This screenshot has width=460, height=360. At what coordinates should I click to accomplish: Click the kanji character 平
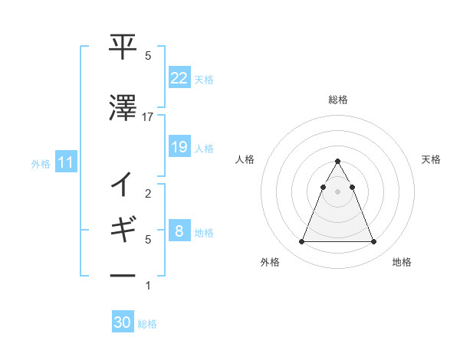point(123,47)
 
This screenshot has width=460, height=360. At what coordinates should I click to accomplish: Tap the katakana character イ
point(123,185)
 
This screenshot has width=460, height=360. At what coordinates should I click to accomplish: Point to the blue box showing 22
point(179,78)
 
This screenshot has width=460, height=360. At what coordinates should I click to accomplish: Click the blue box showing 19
point(179,147)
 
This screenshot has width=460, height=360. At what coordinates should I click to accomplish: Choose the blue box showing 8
point(179,231)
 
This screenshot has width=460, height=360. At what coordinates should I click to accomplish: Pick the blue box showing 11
point(65,162)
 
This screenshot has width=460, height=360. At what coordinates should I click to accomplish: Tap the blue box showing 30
point(123,322)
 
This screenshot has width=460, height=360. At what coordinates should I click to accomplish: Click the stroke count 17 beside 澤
point(148,116)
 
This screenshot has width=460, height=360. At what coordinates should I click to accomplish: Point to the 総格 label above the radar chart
point(337,100)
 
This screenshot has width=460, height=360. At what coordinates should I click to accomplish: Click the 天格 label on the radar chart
point(431,159)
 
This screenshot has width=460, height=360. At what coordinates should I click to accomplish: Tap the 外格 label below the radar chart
point(270,262)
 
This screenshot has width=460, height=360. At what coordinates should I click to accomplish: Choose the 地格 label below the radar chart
point(402,262)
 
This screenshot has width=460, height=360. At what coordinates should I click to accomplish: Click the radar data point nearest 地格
point(373,242)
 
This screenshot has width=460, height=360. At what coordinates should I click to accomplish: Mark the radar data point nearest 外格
point(301,242)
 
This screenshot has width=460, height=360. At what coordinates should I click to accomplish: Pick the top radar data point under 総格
point(337,161)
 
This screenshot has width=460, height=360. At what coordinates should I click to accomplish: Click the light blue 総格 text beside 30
point(147,324)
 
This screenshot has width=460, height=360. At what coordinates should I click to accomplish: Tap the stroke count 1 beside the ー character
point(148,286)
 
